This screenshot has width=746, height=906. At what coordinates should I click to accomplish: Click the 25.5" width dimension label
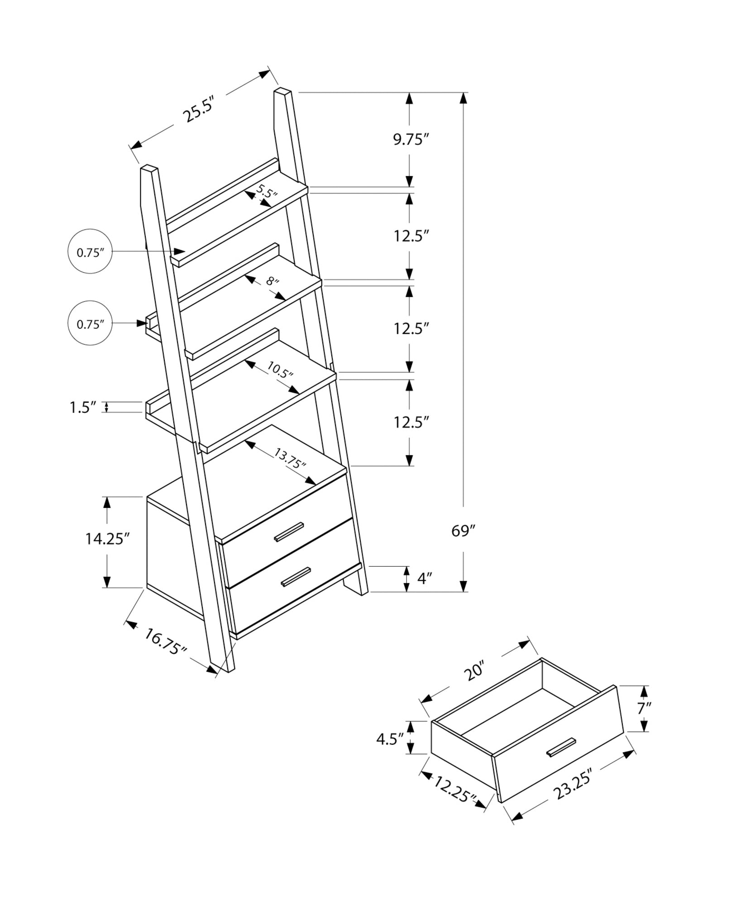click(198, 110)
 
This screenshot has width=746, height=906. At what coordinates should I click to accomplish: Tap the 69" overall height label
click(464, 530)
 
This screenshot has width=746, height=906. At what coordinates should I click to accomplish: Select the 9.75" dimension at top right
click(410, 140)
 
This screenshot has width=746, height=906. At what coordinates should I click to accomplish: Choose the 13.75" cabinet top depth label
click(290, 458)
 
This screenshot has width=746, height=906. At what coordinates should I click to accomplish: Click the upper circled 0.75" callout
click(90, 252)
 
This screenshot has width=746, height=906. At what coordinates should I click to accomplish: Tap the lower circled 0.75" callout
click(90, 324)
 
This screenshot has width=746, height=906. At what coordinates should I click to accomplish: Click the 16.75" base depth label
click(166, 641)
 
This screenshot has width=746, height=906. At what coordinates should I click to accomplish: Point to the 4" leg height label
click(425, 578)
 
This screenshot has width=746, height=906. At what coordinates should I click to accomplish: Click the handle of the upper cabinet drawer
click(289, 531)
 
